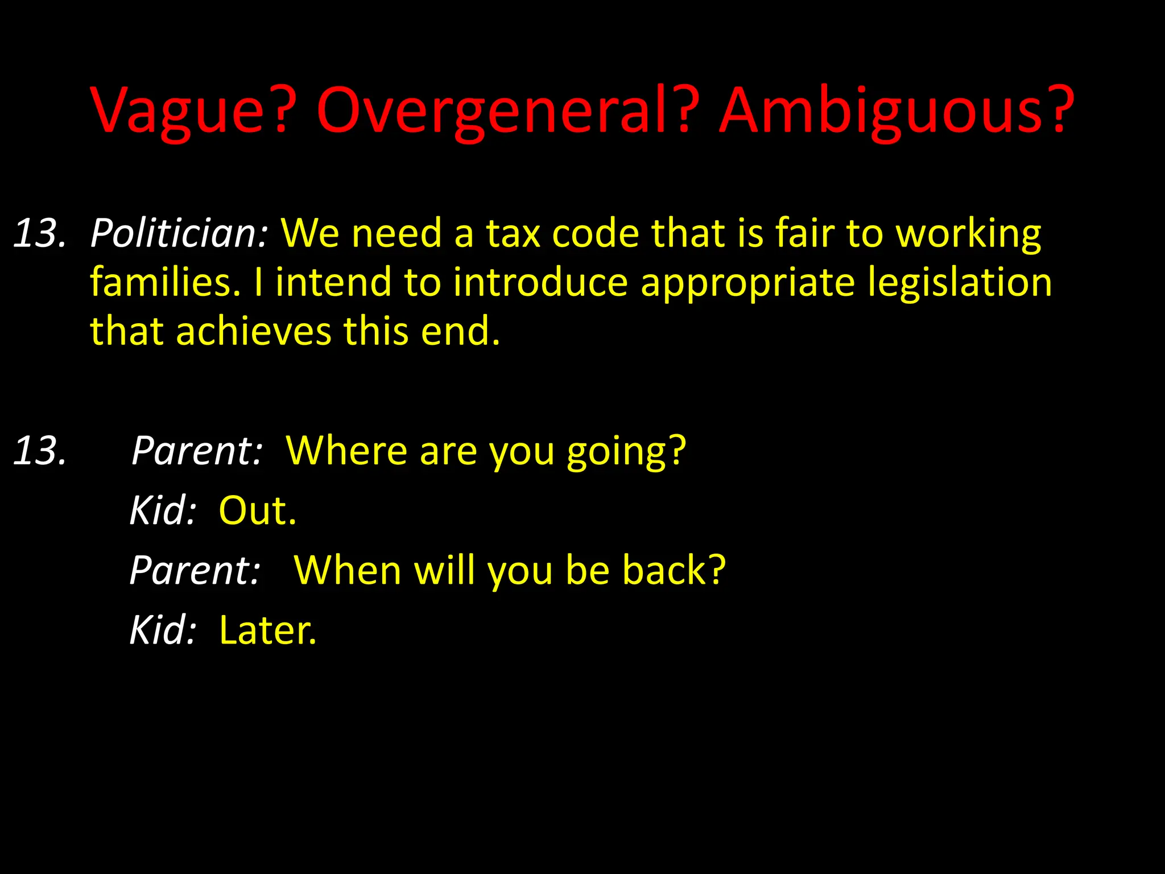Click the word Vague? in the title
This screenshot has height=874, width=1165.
tap(193, 111)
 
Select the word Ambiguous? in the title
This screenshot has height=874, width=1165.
tap(897, 111)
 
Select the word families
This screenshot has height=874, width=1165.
tap(166, 282)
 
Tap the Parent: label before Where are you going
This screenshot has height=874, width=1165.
tap(197, 451)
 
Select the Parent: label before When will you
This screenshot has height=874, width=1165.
tap(195, 570)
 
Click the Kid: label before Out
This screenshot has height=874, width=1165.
tap(163, 510)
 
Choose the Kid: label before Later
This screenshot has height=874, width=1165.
tap(163, 630)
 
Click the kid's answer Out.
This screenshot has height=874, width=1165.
tap(257, 510)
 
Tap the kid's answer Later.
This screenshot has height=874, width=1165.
tap(267, 630)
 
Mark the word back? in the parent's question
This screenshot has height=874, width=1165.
tap(674, 570)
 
